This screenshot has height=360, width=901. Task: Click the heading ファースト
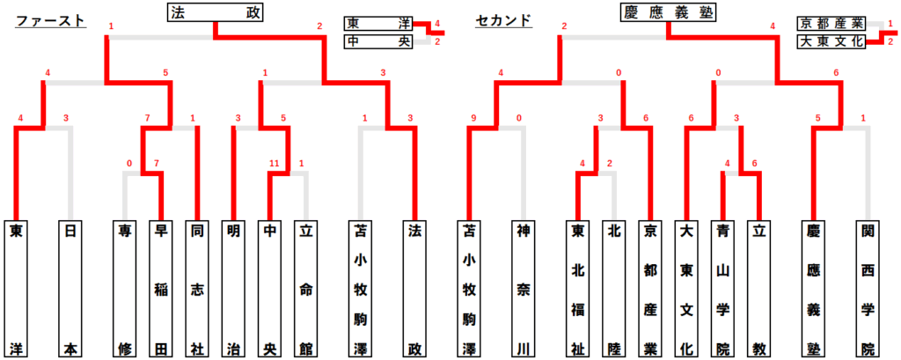pos(52,20)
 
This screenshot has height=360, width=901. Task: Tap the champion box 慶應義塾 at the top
pos(667,13)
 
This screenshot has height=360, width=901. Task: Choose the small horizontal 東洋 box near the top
pos(377,24)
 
